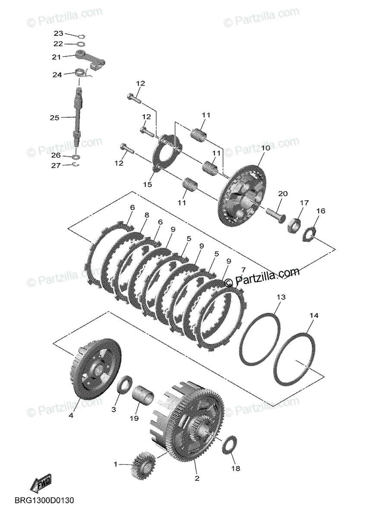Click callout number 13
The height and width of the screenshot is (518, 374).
pyautogui.click(x=281, y=297)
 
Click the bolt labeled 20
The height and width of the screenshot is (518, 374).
pyautogui.click(x=276, y=215)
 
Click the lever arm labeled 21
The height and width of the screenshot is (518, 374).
pyautogui.click(x=90, y=60)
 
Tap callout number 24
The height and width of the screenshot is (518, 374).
pyautogui.click(x=57, y=75)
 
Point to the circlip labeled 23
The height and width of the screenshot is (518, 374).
pyautogui.click(x=82, y=36)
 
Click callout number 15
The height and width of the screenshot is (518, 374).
pyautogui.click(x=148, y=184)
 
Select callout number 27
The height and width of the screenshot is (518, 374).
pyautogui.click(x=56, y=166)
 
